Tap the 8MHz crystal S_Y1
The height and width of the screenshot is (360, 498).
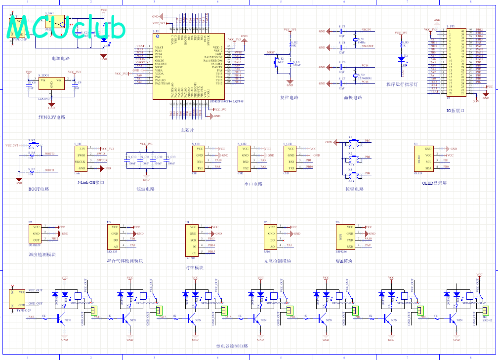click(355, 40)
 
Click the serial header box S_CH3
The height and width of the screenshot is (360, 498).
click(291, 158)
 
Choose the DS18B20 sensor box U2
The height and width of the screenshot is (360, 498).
click(36, 233)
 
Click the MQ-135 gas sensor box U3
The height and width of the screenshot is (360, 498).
click(113, 237)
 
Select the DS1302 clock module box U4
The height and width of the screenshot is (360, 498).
click(192, 240)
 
